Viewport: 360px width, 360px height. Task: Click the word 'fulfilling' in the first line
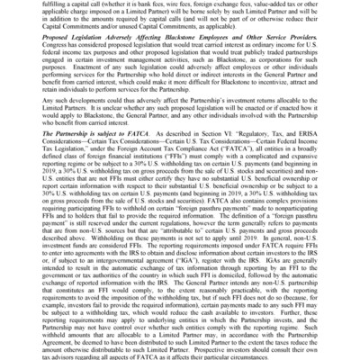click(x=41, y=4)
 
